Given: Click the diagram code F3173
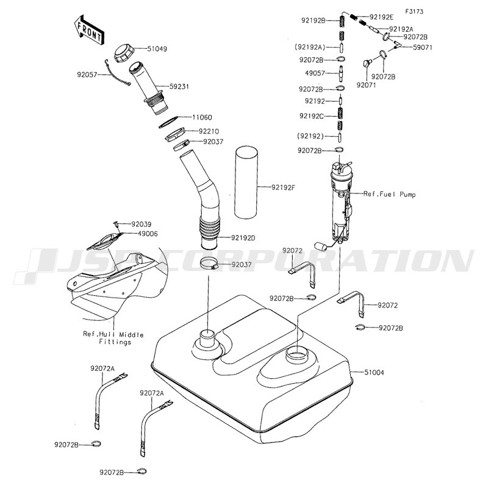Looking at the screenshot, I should click(x=415, y=12).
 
